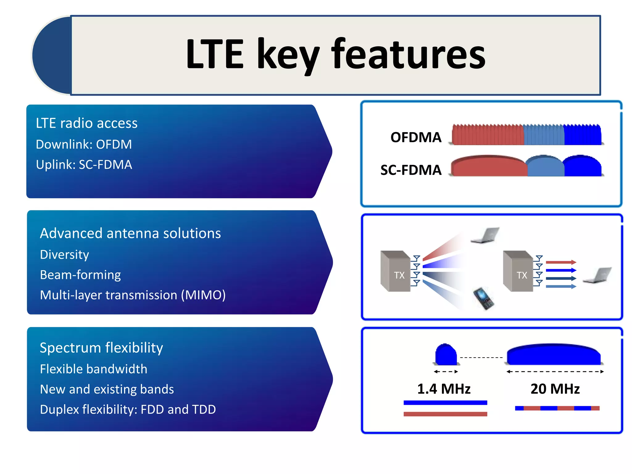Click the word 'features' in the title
(408, 55)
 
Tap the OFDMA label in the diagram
(416, 137)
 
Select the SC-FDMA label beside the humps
(411, 170)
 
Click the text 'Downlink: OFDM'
(84, 144)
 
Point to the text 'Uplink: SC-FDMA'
(84, 165)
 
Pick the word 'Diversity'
(64, 255)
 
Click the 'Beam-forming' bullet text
(80, 275)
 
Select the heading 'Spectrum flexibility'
(101, 348)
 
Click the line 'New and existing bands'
(107, 389)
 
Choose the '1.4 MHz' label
(443, 389)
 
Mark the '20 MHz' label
(555, 389)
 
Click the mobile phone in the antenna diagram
(483, 298)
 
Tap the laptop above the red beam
(485, 235)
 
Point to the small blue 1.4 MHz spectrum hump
(446, 355)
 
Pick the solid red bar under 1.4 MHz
(445, 414)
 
